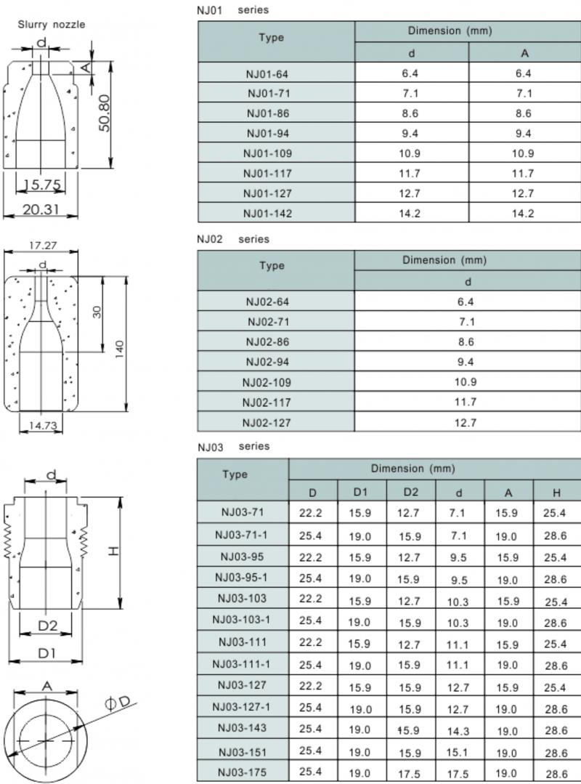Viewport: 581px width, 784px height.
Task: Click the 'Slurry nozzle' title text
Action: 51,25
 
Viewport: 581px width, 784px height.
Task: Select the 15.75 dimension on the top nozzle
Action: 42,185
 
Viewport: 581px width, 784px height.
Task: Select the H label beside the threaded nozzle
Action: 113,552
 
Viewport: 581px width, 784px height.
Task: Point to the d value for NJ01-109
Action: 411,153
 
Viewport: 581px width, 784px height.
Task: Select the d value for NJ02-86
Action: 467,342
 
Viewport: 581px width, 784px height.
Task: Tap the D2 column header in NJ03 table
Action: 410,493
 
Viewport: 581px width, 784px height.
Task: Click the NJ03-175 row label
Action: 241,772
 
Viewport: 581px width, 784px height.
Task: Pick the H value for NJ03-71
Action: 556,514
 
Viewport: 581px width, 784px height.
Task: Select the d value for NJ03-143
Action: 459,731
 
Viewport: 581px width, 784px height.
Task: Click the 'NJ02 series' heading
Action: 232,239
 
